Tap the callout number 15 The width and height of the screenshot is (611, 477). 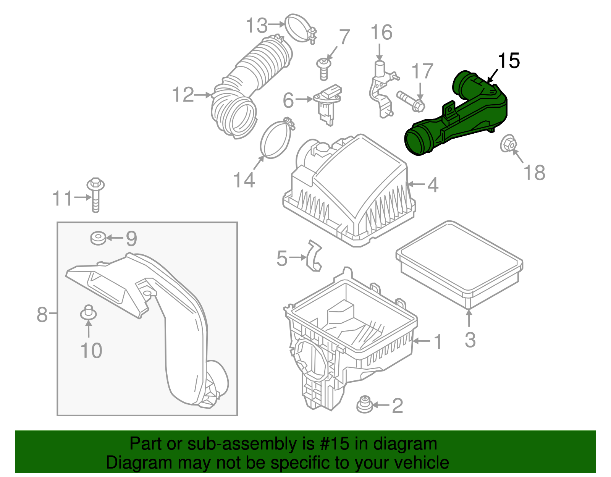point(509,61)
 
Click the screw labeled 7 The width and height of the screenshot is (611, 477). point(323,68)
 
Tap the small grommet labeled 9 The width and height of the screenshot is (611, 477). point(98,238)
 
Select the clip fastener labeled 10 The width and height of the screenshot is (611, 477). point(88,313)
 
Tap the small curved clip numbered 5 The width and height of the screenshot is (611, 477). point(314,256)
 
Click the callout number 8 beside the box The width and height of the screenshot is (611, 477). point(42,315)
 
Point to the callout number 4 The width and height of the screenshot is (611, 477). point(432,185)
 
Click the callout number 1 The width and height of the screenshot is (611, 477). point(438,341)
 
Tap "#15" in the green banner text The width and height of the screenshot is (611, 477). point(331,444)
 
